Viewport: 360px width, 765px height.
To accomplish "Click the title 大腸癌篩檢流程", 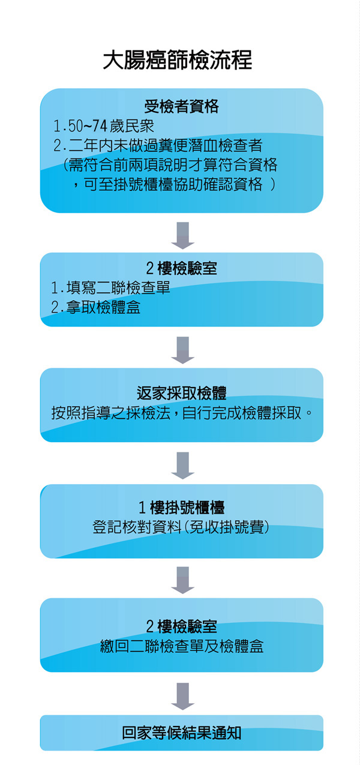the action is (178, 60).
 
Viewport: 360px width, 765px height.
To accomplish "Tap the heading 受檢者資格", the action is (181, 107).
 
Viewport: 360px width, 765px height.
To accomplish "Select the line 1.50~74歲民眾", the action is (104, 126).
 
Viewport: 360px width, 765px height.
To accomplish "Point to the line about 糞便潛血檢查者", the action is (158, 145).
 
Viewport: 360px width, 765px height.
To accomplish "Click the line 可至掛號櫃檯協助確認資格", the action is (173, 184).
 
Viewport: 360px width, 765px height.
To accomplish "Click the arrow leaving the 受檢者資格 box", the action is (183, 236).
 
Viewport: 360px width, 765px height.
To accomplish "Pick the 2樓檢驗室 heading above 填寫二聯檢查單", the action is (181, 268).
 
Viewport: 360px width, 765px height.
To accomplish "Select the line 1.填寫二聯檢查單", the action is (110, 287).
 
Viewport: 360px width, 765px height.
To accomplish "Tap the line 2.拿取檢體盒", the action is (95, 307).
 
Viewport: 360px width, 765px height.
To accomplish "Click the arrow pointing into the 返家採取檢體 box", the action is (183, 350).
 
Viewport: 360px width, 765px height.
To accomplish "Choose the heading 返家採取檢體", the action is (181, 393).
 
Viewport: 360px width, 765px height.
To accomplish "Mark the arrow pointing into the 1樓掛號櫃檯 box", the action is (183, 466).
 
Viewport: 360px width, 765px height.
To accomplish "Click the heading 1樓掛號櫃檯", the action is (181, 508).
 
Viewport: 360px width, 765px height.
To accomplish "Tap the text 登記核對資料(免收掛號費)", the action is (181, 527).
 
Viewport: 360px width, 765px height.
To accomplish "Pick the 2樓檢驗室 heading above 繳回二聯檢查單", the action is (181, 626).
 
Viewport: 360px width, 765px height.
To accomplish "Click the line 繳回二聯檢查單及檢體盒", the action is (182, 646).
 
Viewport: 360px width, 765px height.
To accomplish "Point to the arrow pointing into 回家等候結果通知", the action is (183, 697).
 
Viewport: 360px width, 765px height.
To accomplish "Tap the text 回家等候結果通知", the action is (181, 733).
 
